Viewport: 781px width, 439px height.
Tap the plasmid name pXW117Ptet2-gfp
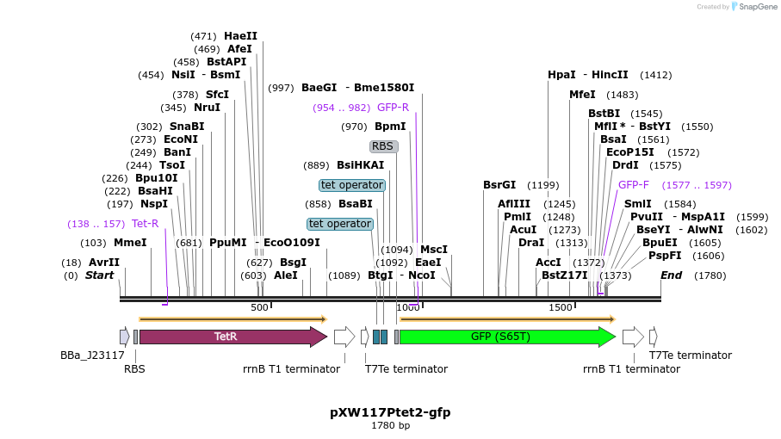390,412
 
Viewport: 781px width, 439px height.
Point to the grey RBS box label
383,146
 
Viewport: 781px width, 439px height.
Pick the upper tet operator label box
351,185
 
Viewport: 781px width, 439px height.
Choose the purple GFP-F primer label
634,184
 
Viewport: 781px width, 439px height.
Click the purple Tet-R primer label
145,224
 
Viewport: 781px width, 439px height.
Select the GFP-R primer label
393,108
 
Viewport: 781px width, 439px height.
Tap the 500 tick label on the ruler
259,307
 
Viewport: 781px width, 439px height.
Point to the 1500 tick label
561,307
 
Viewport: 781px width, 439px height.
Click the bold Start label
99,275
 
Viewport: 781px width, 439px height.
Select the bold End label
671,275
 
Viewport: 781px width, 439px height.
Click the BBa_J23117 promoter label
92,355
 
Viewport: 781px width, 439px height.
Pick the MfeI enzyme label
582,95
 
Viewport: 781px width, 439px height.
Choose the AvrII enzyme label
104,263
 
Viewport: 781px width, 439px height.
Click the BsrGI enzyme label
499,185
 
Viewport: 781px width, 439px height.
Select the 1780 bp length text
390,426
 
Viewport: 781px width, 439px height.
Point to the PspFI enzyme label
665,256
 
